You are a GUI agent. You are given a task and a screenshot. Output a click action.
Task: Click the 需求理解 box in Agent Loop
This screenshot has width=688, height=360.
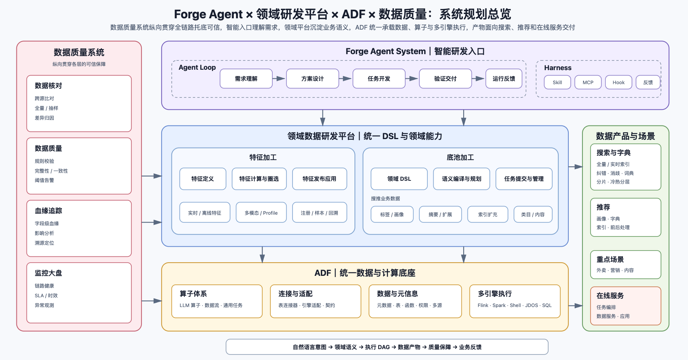[x=246, y=79]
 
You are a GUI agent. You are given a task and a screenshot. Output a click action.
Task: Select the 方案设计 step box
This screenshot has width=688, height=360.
[x=312, y=79]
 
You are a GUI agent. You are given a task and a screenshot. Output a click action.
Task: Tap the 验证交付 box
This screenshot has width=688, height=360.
[x=445, y=79]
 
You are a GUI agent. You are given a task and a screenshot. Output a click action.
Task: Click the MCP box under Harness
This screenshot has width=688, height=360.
[x=588, y=82]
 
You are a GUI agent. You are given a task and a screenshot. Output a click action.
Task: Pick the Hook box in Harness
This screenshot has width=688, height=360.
[x=618, y=82]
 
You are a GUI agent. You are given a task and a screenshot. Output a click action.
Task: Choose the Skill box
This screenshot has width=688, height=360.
[x=557, y=82]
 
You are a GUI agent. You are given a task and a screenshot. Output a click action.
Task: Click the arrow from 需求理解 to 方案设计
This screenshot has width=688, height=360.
[x=279, y=79]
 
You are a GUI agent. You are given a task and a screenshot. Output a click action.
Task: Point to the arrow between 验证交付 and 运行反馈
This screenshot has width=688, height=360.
[x=479, y=79]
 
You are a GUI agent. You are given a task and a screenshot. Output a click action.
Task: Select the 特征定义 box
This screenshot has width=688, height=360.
[x=203, y=179]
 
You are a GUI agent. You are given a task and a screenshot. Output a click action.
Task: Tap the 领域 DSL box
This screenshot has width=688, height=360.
[x=399, y=179]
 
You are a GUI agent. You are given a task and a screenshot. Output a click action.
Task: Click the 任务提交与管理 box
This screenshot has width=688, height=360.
[x=524, y=179]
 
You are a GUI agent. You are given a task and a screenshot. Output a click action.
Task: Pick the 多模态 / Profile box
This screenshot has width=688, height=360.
[x=261, y=212]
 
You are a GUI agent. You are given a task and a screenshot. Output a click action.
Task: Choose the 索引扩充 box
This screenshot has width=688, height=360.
[x=488, y=214]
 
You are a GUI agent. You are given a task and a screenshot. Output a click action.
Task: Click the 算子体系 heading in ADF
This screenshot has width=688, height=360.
[x=193, y=294]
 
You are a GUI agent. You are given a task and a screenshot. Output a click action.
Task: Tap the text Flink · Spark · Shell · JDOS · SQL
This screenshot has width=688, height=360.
[x=515, y=305]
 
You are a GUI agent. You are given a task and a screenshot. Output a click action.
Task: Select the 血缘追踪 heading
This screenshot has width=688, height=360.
[x=48, y=211]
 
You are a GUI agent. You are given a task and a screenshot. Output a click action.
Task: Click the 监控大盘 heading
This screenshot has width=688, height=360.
[x=48, y=273]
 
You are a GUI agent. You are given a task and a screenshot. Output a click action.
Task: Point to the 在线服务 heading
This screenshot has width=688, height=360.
[x=610, y=296]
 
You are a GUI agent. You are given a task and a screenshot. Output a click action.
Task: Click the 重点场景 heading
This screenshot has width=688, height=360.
[x=610, y=259]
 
